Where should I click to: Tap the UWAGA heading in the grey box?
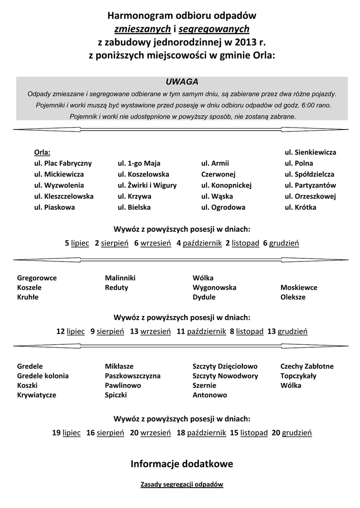tap(182, 81)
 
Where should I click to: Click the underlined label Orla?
tap(42, 152)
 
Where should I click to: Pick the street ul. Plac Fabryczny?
tap(63, 163)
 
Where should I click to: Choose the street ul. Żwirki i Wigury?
tap(147, 186)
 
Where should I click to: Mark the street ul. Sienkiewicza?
tap(310, 152)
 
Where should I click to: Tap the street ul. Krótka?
tap(300, 207)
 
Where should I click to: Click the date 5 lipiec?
tap(77, 243)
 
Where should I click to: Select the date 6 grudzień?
tap(281, 243)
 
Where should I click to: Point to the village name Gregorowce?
tap(37, 278)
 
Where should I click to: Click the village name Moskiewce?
tap(299, 287)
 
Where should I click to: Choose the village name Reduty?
tap(116, 287)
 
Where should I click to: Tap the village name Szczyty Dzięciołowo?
tap(225, 366)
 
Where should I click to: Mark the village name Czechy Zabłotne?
tap(307, 366)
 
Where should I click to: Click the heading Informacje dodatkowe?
tap(182, 464)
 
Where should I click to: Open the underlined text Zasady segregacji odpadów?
tap(182, 484)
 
